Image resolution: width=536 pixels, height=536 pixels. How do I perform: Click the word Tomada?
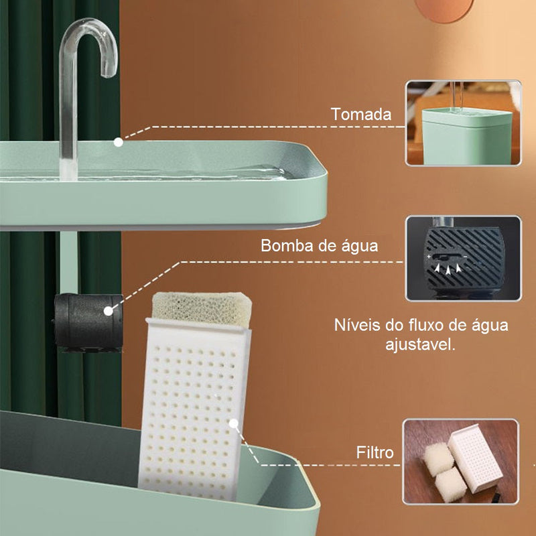[x=361, y=114]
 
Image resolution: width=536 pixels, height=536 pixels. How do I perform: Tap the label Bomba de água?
[x=320, y=246]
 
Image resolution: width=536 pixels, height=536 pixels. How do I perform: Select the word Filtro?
[x=375, y=452]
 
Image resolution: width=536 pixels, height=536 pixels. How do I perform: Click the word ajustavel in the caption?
[x=421, y=344]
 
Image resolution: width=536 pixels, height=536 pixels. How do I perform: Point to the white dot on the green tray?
[x=119, y=142]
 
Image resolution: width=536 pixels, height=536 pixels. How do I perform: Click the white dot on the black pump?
[x=109, y=311]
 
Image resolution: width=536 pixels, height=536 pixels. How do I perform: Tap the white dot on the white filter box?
[x=233, y=424]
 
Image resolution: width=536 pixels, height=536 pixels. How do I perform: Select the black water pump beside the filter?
[x=88, y=322]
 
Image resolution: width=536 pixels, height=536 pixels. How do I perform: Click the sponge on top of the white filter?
[x=202, y=308]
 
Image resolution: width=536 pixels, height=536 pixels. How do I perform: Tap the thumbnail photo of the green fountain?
[x=463, y=123]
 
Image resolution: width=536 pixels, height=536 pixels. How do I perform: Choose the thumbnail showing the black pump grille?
[x=463, y=258]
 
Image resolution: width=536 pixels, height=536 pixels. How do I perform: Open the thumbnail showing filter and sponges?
[x=461, y=462]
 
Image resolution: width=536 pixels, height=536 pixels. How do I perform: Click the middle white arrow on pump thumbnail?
[x=448, y=270]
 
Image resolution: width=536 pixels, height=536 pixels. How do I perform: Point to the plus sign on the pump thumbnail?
[x=429, y=257]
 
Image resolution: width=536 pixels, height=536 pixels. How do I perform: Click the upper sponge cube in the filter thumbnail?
[x=439, y=459]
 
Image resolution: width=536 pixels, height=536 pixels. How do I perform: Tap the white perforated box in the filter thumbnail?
[x=475, y=458]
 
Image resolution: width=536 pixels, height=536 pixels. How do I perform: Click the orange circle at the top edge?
[x=444, y=9]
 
